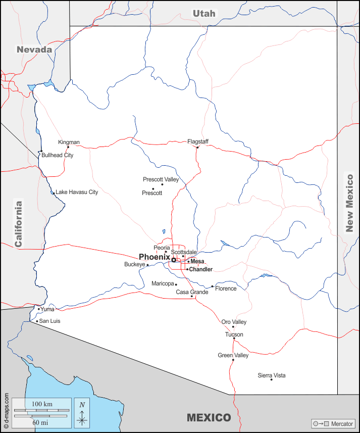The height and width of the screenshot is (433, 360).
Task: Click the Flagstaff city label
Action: coord(198,141)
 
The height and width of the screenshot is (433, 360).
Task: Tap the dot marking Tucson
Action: coord(234,339)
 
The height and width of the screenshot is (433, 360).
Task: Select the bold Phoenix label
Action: coord(154,257)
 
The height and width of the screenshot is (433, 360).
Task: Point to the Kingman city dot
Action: coord(68,147)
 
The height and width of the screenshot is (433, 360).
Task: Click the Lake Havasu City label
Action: coord(77,192)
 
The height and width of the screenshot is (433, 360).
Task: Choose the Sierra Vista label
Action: coord(272,375)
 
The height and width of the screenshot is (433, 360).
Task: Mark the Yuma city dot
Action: coord(38,309)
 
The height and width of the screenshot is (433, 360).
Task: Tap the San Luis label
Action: coord(49,321)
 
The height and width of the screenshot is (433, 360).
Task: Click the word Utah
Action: coord(204,14)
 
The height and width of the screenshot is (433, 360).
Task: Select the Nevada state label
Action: coord(34,50)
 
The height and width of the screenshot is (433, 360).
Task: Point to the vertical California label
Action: coord(19,224)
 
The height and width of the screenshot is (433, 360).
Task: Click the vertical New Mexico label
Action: coord(349,203)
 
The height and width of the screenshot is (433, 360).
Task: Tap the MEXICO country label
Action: coord(209,418)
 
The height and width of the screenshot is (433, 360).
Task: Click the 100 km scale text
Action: coord(42,405)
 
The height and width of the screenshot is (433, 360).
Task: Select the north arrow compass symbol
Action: coord(82,412)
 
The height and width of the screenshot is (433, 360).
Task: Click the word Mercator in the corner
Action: coord(343,423)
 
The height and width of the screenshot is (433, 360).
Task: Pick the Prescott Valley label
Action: coord(161,179)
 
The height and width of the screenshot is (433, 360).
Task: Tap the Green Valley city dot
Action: coord(233,360)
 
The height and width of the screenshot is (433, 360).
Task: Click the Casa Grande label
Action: coord(192,292)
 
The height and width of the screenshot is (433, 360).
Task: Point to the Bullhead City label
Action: coord(57,155)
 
